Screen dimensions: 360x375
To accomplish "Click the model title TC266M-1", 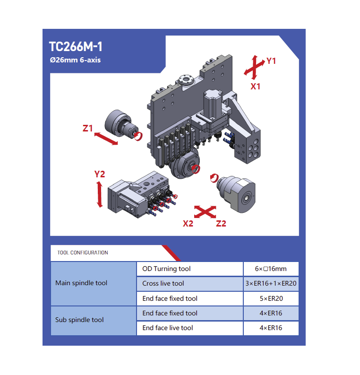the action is pyautogui.click(x=76, y=46).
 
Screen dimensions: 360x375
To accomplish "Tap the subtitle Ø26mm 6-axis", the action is pyautogui.click(x=75, y=60).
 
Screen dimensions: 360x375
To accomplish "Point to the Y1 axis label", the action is pyautogui.click(x=271, y=61).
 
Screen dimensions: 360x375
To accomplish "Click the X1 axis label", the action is pyautogui.click(x=256, y=87).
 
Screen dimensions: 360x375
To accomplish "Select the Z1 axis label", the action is pyautogui.click(x=87, y=129).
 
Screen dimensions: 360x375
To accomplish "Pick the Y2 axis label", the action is pyautogui.click(x=99, y=174).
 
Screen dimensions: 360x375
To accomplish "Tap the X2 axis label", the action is pyautogui.click(x=188, y=224).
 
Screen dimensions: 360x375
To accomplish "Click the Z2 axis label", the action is pyautogui.click(x=221, y=224).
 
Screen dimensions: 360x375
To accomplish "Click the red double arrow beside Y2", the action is pyautogui.click(x=99, y=194).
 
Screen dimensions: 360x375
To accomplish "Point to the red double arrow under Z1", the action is pyautogui.click(x=106, y=139).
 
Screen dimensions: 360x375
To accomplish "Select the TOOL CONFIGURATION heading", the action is pyautogui.click(x=83, y=253).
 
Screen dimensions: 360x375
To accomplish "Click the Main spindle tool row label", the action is pyautogui.click(x=81, y=283).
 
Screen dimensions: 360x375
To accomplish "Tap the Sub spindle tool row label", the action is pyautogui.click(x=79, y=320).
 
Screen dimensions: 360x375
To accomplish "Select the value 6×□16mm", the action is pyautogui.click(x=271, y=269).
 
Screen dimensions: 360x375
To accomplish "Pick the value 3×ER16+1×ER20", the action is pyautogui.click(x=271, y=283).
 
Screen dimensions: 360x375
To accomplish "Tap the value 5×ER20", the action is pyautogui.click(x=271, y=298).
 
